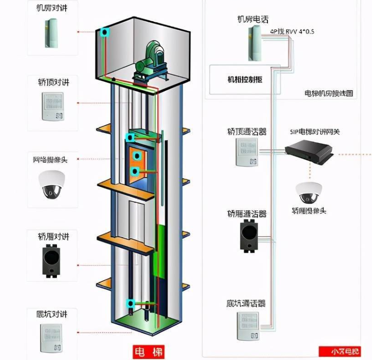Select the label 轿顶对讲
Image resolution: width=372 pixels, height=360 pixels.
tap(53, 82)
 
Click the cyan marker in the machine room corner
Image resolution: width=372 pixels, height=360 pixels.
tap(105, 33)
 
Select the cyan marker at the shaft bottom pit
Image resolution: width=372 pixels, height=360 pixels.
tap(130, 304)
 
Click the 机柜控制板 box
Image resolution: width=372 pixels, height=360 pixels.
tap(245, 79)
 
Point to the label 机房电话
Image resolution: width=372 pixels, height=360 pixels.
tap(253, 19)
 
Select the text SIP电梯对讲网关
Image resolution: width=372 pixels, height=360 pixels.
tap(315, 132)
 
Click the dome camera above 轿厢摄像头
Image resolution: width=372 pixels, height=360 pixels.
tap(308, 193)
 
